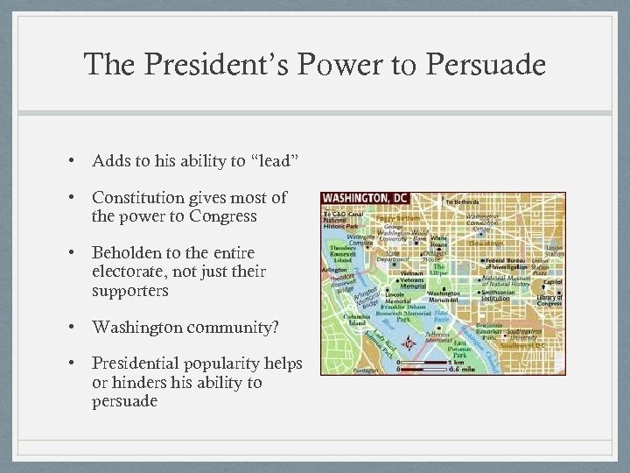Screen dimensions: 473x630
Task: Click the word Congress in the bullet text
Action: (226, 216)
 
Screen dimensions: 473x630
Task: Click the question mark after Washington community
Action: (276, 327)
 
